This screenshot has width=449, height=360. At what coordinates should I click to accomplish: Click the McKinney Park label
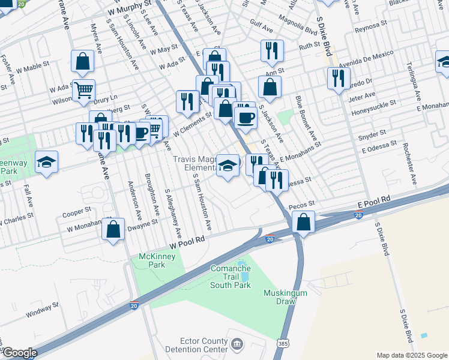152,260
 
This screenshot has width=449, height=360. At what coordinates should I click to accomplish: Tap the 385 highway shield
282,343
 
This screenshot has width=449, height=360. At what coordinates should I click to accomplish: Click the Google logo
19,353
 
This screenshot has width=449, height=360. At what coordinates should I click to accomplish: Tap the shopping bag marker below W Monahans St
113,230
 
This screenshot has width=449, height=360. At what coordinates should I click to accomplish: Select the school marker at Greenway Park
46,162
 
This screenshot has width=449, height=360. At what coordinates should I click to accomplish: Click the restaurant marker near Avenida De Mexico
339,78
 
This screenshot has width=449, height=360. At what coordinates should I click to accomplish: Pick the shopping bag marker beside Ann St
270,87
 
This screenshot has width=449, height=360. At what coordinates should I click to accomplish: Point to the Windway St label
43,308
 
